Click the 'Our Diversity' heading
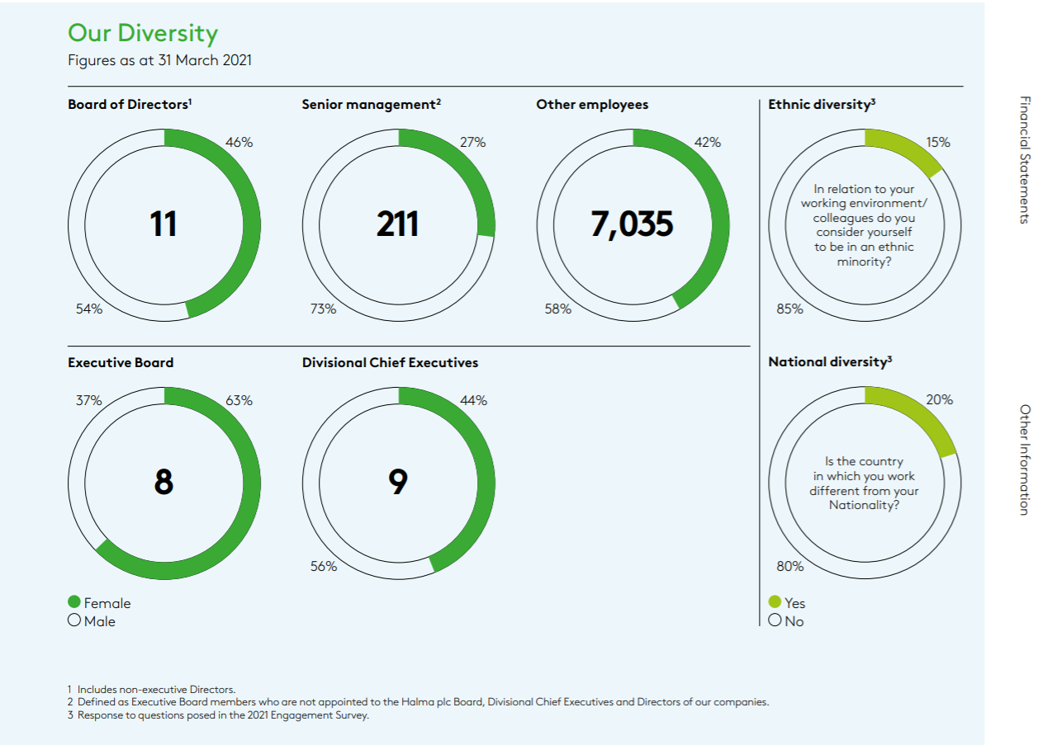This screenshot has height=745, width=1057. [142, 34]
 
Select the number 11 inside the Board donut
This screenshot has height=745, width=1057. [164, 224]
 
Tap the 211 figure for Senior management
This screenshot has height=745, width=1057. [397, 224]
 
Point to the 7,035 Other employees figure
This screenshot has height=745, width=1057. [632, 224]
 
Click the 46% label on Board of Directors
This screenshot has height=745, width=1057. [239, 142]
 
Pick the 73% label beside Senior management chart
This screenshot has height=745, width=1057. [323, 309]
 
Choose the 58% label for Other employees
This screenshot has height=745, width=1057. [557, 309]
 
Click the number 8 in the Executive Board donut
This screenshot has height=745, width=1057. [164, 482]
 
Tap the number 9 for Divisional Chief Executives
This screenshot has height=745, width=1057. [398, 482]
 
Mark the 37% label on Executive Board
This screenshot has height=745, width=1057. [88, 401]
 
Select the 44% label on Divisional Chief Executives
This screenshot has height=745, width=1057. [473, 401]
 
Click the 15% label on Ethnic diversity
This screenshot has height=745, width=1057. [937, 142]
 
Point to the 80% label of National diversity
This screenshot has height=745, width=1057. [789, 566]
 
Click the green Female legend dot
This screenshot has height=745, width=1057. [74, 602]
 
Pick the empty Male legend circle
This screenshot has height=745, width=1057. [74, 620]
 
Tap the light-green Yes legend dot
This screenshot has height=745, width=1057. [775, 602]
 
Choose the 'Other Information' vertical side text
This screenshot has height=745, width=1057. [1025, 460]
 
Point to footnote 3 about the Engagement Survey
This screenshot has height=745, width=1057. [218, 715]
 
